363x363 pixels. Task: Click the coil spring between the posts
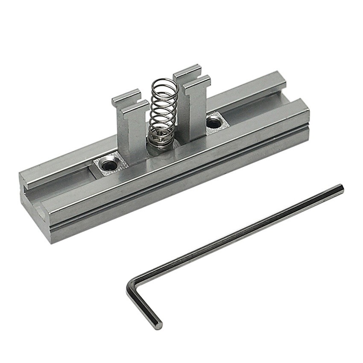click(x=163, y=109)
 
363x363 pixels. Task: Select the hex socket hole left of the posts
click(x=110, y=163)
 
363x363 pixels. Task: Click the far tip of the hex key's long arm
click(x=341, y=187)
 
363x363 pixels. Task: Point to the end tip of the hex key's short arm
click(x=158, y=325)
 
